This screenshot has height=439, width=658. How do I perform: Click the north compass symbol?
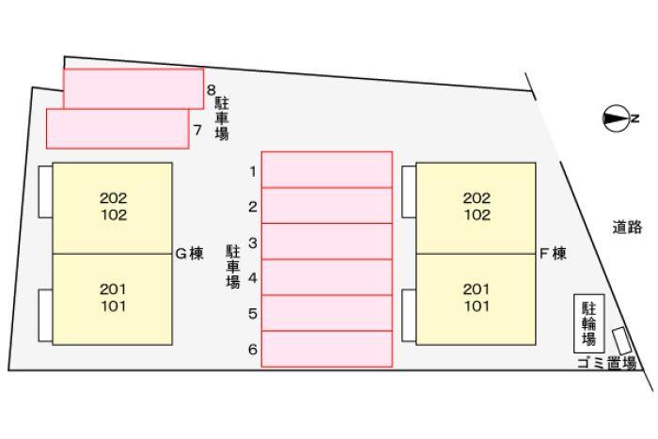pyautogui.click(x=616, y=118)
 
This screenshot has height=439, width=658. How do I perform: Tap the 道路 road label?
pyautogui.click(x=627, y=227)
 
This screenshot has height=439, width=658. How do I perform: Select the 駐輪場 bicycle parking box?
pyautogui.click(x=589, y=323)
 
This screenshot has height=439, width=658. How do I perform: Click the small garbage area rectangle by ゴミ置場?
pyautogui.click(x=622, y=340)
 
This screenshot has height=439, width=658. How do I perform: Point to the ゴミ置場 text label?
pyautogui.click(x=607, y=363)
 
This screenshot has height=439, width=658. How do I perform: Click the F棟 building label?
pyautogui.click(x=553, y=254)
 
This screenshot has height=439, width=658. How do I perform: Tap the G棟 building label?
pyautogui.click(x=189, y=254)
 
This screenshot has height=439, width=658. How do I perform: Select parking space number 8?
pyautogui.click(x=133, y=88)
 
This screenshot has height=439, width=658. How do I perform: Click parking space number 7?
pyautogui.click(x=117, y=129)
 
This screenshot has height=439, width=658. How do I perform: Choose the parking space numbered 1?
pyautogui.click(x=327, y=169)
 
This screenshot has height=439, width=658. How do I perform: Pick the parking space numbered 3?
pyautogui.click(x=327, y=242)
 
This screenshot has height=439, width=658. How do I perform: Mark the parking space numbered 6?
pyautogui.click(x=327, y=349)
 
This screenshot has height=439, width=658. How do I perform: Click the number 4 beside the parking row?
pyautogui.click(x=253, y=278)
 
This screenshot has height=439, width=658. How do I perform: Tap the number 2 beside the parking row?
pyautogui.click(x=253, y=207)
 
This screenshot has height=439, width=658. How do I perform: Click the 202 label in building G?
pyautogui.click(x=114, y=197)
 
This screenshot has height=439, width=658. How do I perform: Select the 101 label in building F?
pyautogui.click(x=477, y=306)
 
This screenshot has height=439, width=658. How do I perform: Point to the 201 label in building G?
pyautogui.click(x=113, y=289)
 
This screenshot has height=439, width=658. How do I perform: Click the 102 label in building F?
pyautogui.click(x=477, y=215)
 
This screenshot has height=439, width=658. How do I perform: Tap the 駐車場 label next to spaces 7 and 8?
pyautogui.click(x=222, y=118)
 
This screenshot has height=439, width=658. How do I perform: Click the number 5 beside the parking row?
pyautogui.click(x=253, y=314)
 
